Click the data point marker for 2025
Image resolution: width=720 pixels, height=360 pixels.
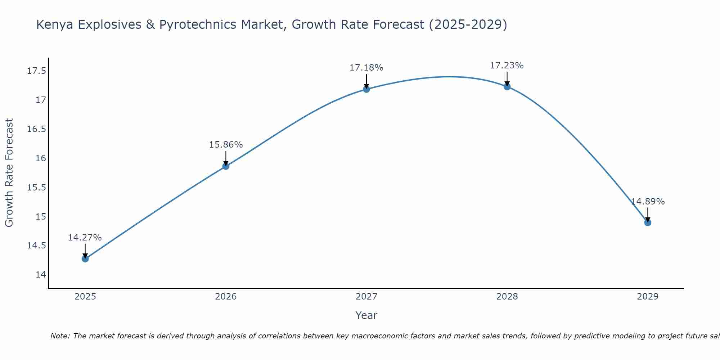[x=85, y=258]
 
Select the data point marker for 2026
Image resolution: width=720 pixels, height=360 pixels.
[x=226, y=166]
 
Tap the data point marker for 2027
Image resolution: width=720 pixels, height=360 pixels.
[x=366, y=89]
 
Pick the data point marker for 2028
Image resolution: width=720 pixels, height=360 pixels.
[x=507, y=86]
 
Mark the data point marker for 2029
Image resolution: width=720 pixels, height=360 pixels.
[x=648, y=222]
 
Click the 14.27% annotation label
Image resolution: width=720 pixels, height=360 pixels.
[x=85, y=238]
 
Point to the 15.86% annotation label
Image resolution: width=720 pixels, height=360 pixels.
[x=226, y=145]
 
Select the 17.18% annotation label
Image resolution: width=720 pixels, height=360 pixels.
[x=366, y=68]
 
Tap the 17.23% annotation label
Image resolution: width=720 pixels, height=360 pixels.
[x=507, y=66]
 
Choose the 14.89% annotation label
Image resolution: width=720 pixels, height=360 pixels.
[x=648, y=202]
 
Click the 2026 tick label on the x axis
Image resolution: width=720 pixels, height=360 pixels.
[x=226, y=297]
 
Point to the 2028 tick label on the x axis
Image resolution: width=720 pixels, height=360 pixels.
[x=507, y=297]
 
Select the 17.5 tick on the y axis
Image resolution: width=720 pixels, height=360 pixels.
[x=37, y=71]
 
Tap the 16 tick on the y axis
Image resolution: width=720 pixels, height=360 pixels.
[x=41, y=158]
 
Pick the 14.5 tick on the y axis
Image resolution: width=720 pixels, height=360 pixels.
[x=37, y=246]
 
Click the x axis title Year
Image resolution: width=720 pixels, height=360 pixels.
[x=366, y=315]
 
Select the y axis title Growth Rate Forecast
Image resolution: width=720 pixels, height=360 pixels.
[x=9, y=172]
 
